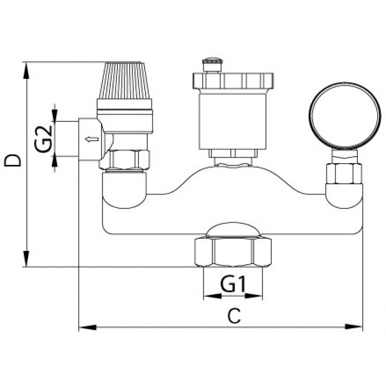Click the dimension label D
pyautogui.click(x=13, y=161)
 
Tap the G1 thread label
pyautogui.click(x=233, y=285)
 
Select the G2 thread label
pyautogui.click(x=44, y=138)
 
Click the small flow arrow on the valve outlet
pyautogui.click(x=92, y=140)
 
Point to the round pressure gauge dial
pyautogui.click(x=345, y=116)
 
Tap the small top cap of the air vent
pyautogui.click(x=212, y=65)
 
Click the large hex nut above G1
pyautogui.click(x=233, y=253)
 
